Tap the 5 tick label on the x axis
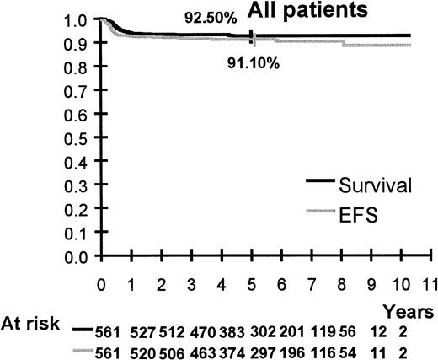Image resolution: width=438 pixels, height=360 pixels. coord(252,283)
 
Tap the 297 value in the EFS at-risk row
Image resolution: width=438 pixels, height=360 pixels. coord(255,349)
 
